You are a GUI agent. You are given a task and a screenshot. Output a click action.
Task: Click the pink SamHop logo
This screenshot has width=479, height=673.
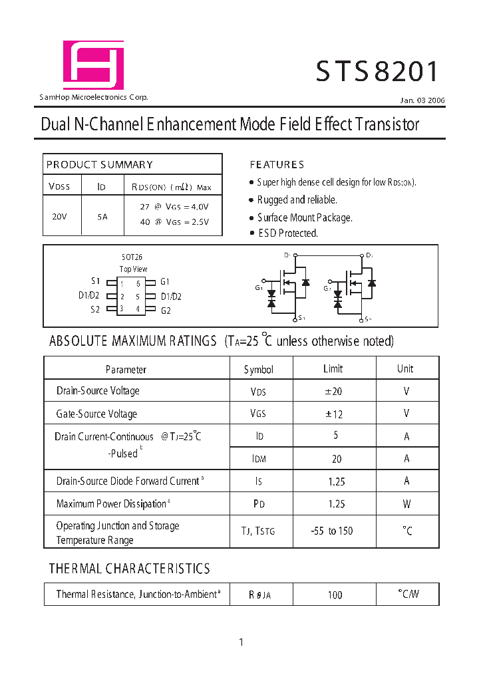click(93, 65)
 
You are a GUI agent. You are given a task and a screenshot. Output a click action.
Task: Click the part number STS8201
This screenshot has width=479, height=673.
click(377, 71)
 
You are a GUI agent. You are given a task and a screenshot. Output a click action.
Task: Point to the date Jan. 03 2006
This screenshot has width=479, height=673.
click(422, 100)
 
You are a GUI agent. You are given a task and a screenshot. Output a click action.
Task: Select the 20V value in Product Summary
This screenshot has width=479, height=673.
click(59, 216)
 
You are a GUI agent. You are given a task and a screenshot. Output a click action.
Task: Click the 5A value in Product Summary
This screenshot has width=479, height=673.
click(102, 216)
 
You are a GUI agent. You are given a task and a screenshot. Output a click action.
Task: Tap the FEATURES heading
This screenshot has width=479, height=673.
click(277, 164)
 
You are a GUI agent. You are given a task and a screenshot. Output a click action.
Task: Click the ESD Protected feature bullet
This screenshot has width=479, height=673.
click(287, 233)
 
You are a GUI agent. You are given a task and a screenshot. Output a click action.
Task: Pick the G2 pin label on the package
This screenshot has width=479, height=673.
click(166, 310)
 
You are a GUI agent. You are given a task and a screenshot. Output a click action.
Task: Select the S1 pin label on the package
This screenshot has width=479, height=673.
click(95, 282)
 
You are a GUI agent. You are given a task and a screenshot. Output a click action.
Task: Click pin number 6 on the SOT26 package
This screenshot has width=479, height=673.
click(138, 284)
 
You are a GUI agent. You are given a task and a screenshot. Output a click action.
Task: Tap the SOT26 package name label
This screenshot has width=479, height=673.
click(132, 257)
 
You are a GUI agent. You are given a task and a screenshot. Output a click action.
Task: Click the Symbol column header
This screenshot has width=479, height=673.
click(258, 369)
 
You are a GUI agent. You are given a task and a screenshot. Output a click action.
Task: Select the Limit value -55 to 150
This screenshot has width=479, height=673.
click(332, 531)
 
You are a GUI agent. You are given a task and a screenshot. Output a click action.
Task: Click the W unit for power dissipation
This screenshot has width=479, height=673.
click(406, 503)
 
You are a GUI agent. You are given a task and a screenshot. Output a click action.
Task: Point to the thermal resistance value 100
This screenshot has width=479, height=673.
click(335, 595)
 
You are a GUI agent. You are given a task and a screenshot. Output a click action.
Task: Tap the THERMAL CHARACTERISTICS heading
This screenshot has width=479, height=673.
click(129, 569)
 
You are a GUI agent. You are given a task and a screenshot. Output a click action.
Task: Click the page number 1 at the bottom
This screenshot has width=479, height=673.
click(241, 642)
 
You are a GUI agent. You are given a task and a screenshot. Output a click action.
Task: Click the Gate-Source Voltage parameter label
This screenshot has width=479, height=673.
click(96, 414)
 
